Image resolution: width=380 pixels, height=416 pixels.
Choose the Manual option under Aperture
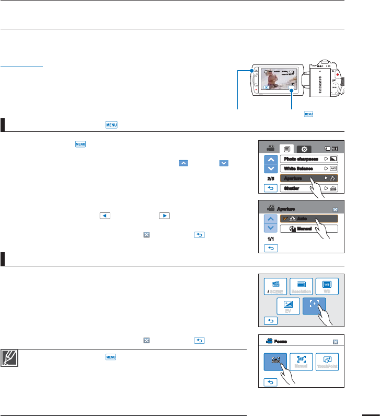pos(308,229)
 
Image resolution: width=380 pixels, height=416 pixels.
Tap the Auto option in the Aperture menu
pos(308,219)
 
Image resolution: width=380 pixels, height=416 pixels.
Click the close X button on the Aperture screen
pos(336,209)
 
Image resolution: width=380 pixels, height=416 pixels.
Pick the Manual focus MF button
pos(301,361)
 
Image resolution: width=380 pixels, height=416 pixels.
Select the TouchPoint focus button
pos(327,361)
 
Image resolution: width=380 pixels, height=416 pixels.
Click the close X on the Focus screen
pos(335,342)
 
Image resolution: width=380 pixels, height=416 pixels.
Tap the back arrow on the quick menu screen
pos(270,320)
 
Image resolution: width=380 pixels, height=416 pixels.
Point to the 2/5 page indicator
pos(270,178)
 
